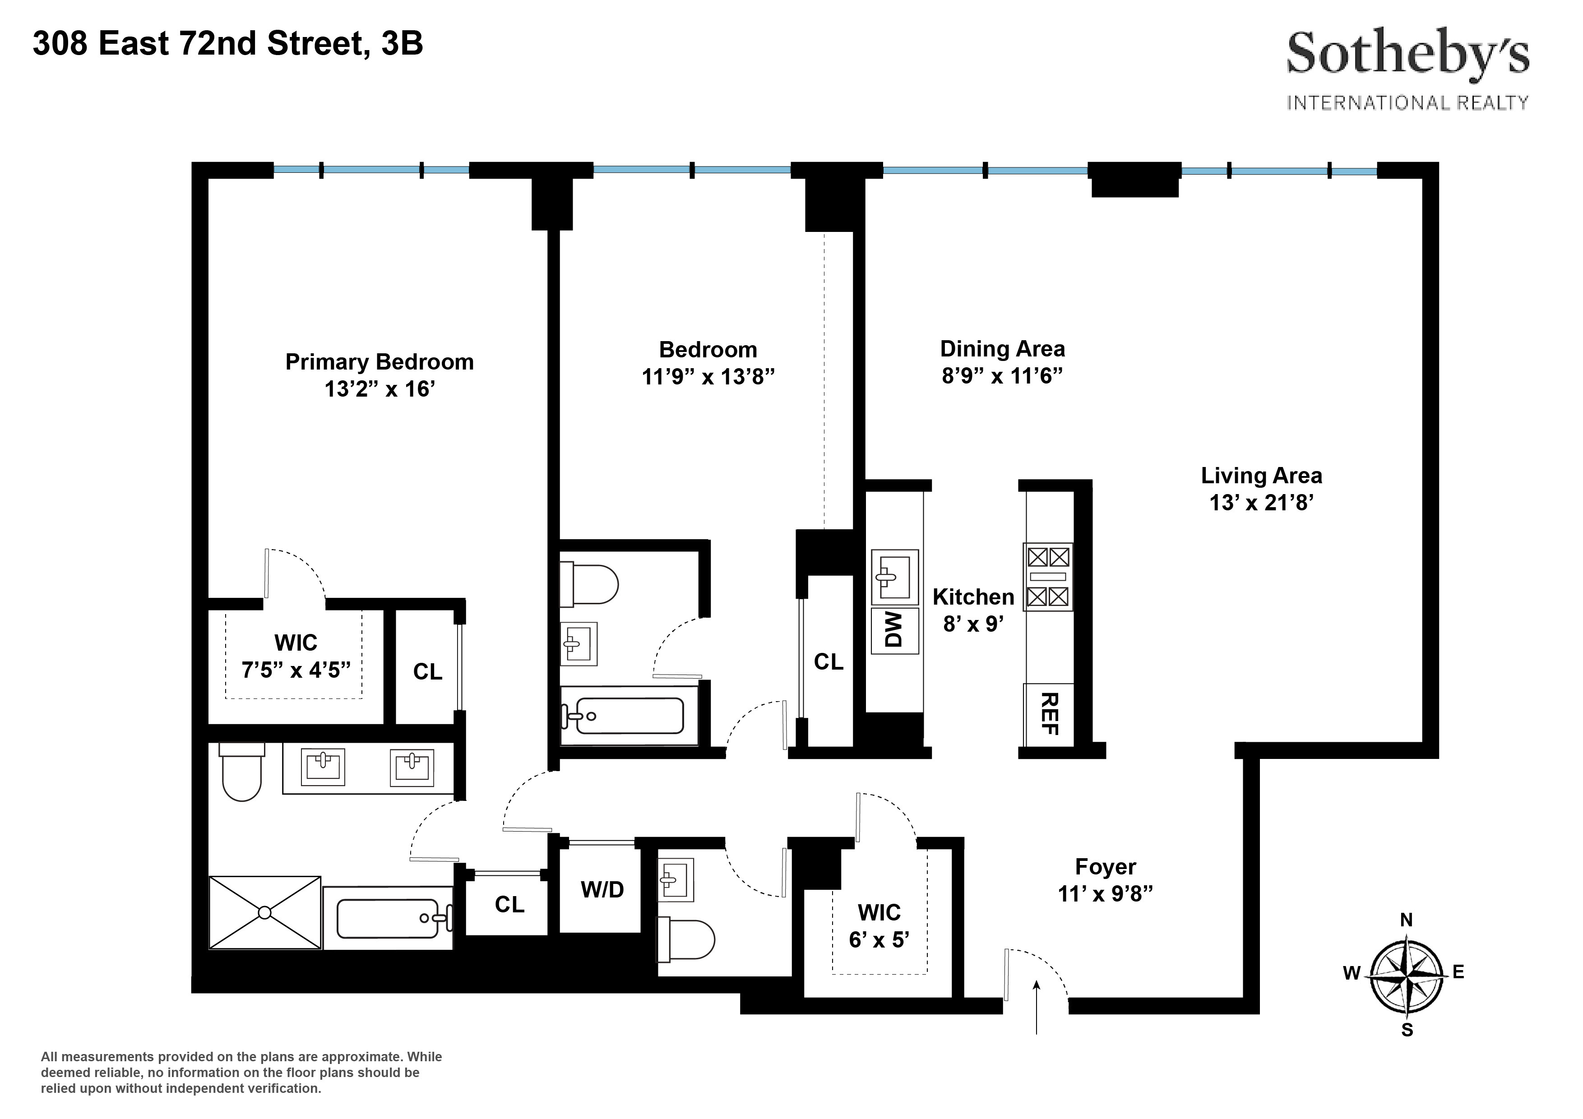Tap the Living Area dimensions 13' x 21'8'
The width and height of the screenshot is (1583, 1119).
point(1261,503)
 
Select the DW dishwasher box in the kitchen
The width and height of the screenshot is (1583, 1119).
point(894,629)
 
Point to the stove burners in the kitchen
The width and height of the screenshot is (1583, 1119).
point(1047,576)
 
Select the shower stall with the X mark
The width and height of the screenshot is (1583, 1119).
point(265,912)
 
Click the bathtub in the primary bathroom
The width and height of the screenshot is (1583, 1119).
point(388,918)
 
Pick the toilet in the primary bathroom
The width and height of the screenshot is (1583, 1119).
point(241,773)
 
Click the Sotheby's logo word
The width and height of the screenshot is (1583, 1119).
point(1407,55)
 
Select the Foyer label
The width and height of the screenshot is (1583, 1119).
point(1105,867)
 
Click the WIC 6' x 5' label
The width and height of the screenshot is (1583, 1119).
point(879,926)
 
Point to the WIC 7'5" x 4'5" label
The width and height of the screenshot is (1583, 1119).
point(296,657)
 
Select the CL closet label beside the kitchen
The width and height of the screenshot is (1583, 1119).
point(828,662)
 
